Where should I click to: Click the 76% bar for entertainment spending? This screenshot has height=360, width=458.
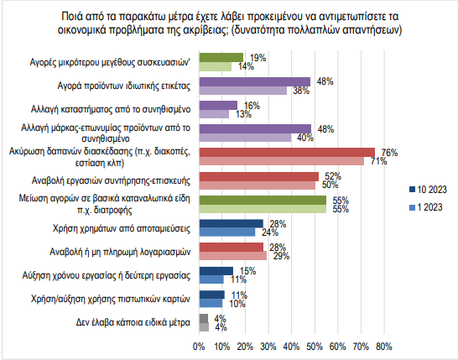coord(287,152)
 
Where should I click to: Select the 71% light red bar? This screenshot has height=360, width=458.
coord(282,161)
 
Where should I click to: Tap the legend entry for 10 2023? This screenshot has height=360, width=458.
coord(428,190)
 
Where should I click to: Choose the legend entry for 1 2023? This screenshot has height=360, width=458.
coord(426,207)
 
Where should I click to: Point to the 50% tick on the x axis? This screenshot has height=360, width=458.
coord(315,347)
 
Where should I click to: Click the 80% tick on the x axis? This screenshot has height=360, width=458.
coord(384,347)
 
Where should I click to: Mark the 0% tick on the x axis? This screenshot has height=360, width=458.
coord(199,347)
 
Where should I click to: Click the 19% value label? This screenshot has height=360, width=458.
coord(258,58)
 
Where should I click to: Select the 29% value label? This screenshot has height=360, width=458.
coord(281,256)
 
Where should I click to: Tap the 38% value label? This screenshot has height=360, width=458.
coord(301,91)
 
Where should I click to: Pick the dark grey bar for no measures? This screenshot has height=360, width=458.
coord(204,318)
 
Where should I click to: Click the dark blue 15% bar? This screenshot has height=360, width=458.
coord(216,271)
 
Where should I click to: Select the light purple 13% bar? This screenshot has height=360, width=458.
coord(214,114)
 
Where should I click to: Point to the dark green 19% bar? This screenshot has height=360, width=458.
coord(221,58)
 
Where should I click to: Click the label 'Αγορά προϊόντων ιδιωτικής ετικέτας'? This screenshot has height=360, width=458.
coord(124,86)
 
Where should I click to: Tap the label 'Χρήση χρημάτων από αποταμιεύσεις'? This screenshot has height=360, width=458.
coord(122,228)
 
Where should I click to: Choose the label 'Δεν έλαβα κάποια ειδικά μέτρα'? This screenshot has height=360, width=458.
coord(133,322)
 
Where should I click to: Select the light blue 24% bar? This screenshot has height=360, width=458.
coord(227,232)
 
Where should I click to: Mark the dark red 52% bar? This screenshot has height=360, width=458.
coord(259,176)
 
